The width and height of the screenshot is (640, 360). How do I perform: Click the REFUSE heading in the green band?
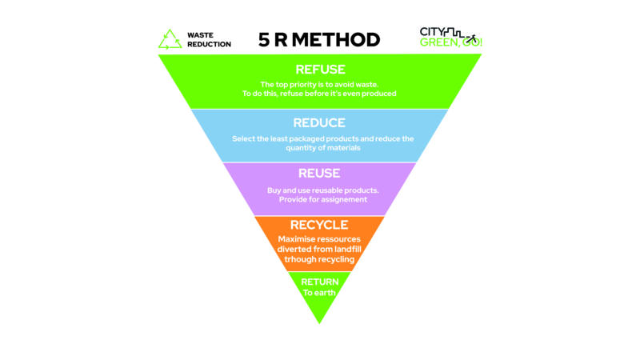pos(319,69)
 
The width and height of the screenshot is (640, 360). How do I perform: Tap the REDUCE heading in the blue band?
pos(319,123)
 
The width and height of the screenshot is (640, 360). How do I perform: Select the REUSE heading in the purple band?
pos(319,173)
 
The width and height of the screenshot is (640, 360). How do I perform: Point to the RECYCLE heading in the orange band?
pos(319,224)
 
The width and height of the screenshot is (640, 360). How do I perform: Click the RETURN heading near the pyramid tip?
pos(319,282)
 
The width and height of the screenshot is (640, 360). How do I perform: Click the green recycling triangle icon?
pos(170,39)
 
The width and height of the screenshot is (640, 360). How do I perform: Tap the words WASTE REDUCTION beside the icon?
pos(209,39)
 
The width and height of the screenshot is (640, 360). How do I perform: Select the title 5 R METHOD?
pos(319,38)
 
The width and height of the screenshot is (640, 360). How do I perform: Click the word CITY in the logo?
pos(431,32)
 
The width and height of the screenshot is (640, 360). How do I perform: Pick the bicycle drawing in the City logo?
pos(472,38)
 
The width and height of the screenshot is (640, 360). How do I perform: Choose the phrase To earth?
pos(319,293)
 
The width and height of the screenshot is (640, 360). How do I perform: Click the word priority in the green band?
pos(310,84)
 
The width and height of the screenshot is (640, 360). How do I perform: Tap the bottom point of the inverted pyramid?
pos(319,322)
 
